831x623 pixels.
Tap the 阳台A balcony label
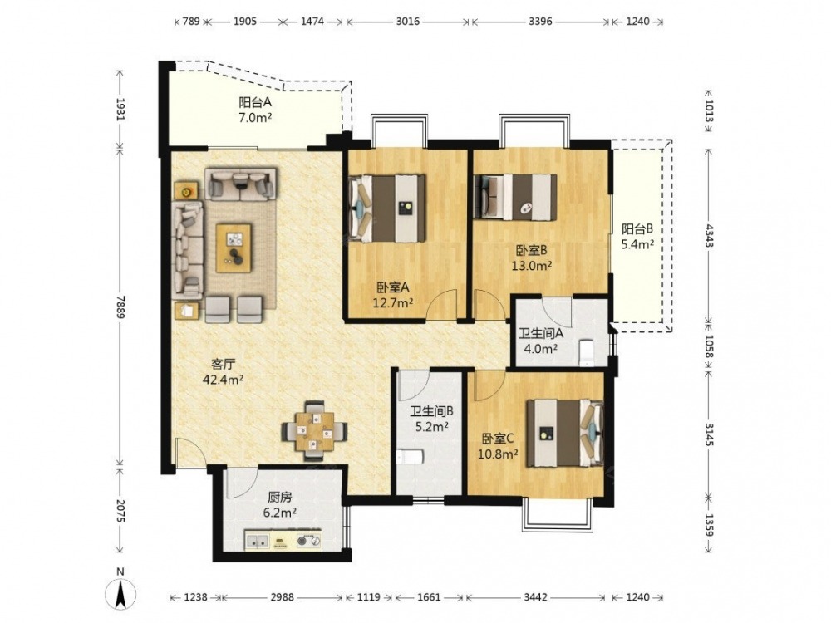coord(255,102)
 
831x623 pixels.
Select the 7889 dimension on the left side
coord(120,307)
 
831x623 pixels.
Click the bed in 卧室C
coord(565,433)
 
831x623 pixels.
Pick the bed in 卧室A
coord(386,208)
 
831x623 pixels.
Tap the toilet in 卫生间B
coord(409,457)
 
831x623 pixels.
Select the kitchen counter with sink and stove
coord(283,541)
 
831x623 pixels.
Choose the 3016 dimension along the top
coord(407,22)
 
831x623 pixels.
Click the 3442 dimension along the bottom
coord(536,597)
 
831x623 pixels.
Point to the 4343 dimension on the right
coord(710,236)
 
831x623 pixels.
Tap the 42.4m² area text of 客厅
coord(223,379)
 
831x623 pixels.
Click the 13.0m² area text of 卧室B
coord(532,265)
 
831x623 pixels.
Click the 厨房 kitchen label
coord(280,498)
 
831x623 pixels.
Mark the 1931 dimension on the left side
coord(120,109)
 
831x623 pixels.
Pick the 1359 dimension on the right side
coord(710,523)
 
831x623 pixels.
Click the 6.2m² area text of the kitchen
coord(280,513)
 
